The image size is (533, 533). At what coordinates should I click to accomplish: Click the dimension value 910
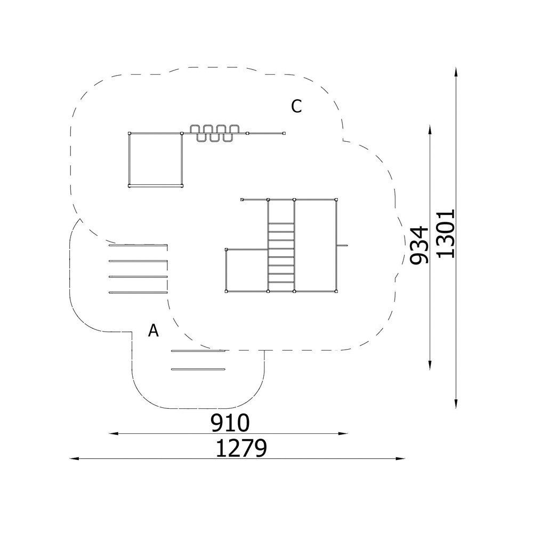coord(230,423)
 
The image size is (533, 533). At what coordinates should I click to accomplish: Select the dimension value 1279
coord(241,448)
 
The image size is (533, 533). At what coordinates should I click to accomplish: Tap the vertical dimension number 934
coord(419,245)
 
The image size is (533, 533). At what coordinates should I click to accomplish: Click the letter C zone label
coord(296,106)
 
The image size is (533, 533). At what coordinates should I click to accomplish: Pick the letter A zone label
coord(154,330)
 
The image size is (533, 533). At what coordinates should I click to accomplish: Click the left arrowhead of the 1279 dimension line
coord(74,458)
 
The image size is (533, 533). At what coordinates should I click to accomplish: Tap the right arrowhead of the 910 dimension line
coord(343,433)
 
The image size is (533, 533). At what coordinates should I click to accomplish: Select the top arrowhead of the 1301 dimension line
coord(456,72)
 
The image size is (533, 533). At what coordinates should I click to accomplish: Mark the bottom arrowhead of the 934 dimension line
coord(430,365)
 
